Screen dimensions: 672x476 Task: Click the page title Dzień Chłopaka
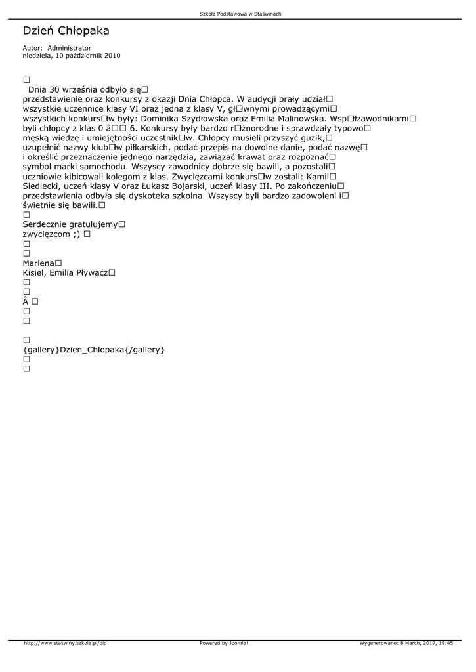coord(66,31)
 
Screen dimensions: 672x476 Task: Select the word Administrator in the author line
coord(69,48)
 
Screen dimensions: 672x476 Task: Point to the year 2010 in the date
coord(112,56)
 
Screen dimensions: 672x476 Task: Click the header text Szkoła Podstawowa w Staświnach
coord(240,14)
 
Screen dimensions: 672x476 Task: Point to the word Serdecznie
coord(45,224)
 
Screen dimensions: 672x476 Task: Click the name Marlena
coord(38,263)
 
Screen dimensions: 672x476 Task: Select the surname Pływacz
coord(91,273)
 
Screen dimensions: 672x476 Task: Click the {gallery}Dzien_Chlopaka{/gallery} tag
coord(94,350)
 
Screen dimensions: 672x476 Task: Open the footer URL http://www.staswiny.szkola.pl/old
coord(65,643)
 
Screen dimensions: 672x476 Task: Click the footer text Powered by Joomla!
coord(224,643)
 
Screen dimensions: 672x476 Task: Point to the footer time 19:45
coord(446,643)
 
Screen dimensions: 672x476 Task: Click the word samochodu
coord(100,167)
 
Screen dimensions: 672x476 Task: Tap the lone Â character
coord(26,301)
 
